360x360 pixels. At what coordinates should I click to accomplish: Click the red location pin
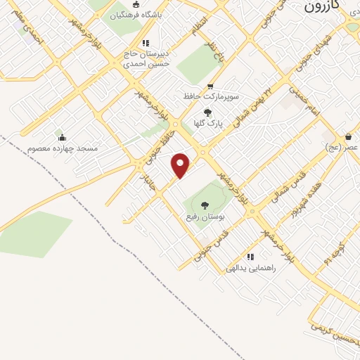point(181,165)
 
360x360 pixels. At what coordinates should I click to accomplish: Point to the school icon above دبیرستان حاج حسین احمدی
point(146,42)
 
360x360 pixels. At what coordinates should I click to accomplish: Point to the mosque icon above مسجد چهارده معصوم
point(62,138)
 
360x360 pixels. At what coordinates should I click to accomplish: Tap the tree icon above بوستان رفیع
point(205,205)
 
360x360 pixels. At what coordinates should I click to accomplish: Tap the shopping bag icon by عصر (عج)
point(349,136)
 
